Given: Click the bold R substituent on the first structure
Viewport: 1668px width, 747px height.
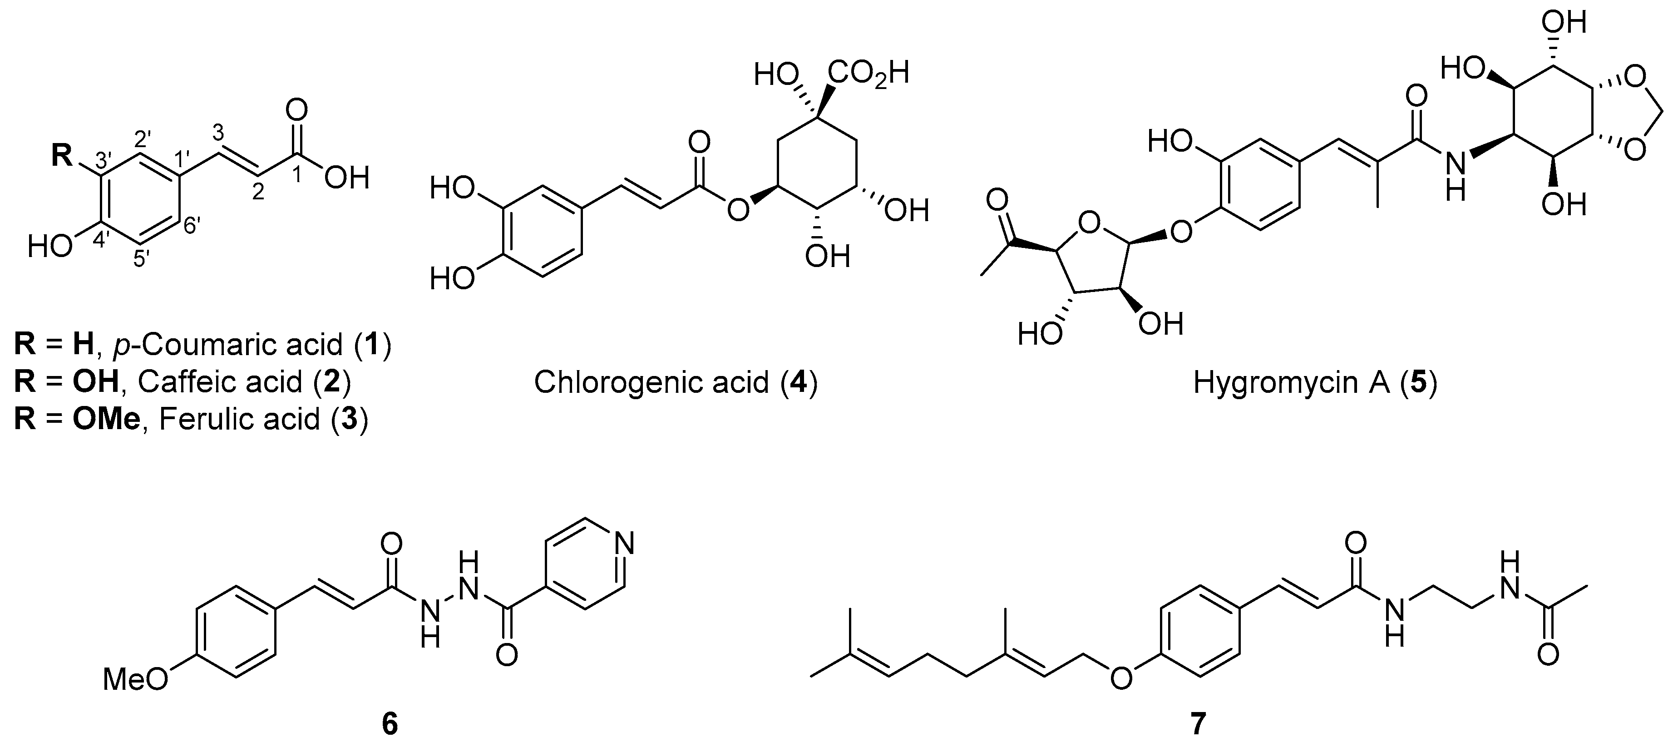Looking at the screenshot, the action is click(62, 156).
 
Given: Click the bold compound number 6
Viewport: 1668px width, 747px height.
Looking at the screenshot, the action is click(390, 724).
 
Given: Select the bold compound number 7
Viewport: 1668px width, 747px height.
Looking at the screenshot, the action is click(1198, 724).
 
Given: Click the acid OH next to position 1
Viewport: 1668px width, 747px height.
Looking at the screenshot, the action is click(346, 178).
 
